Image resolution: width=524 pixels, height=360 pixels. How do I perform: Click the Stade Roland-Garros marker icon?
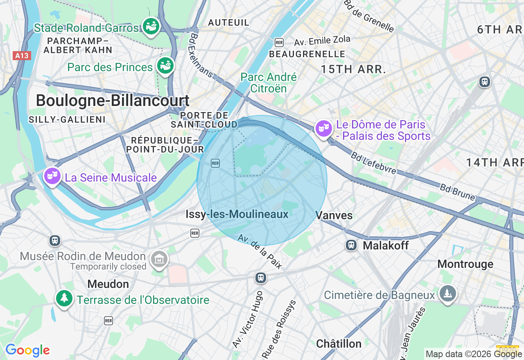(151, 26)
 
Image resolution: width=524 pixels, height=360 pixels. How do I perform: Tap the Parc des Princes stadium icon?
(165, 66)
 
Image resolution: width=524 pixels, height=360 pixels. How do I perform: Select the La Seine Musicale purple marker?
(52, 176)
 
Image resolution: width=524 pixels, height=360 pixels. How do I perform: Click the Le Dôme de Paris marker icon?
(323, 129)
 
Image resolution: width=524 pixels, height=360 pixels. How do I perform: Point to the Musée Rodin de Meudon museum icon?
(159, 259)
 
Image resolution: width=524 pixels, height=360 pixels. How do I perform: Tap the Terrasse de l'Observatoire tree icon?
(64, 298)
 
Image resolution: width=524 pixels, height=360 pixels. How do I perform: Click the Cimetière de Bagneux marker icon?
(447, 293)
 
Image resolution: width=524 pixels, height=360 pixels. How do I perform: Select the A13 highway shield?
(22, 56)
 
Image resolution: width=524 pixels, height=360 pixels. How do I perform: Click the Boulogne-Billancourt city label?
(113, 101)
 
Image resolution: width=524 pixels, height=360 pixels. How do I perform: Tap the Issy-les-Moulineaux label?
(237, 214)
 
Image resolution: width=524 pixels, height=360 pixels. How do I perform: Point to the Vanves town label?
(334, 215)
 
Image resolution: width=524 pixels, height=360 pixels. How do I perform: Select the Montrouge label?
(465, 264)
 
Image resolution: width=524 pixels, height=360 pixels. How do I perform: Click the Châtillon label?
(339, 344)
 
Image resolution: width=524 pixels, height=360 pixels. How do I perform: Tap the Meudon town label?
(108, 284)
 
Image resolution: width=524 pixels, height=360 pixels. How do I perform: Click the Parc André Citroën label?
(269, 83)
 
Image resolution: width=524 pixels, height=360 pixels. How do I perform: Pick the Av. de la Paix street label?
(260, 252)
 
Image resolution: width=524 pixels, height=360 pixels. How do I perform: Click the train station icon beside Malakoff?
(351, 245)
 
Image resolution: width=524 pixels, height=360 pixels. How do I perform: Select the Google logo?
(27, 351)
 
